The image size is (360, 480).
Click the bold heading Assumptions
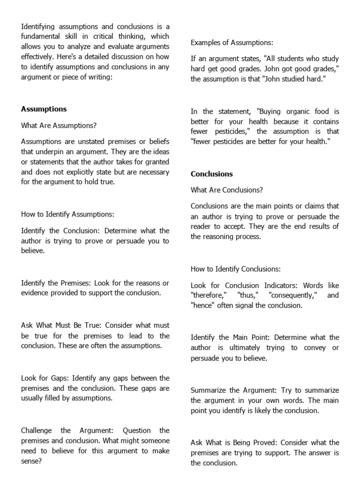[x=44, y=109]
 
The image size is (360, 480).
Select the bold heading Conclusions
[x=211, y=174]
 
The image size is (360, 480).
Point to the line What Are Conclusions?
[x=226, y=190]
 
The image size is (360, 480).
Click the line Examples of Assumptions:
[x=232, y=43]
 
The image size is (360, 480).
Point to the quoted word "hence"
[x=202, y=306]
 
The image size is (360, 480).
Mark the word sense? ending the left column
[x=32, y=461]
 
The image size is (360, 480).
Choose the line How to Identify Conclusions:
[x=235, y=269]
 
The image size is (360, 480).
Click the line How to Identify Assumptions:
[x=67, y=214]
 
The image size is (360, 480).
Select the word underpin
[x=45, y=152]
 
